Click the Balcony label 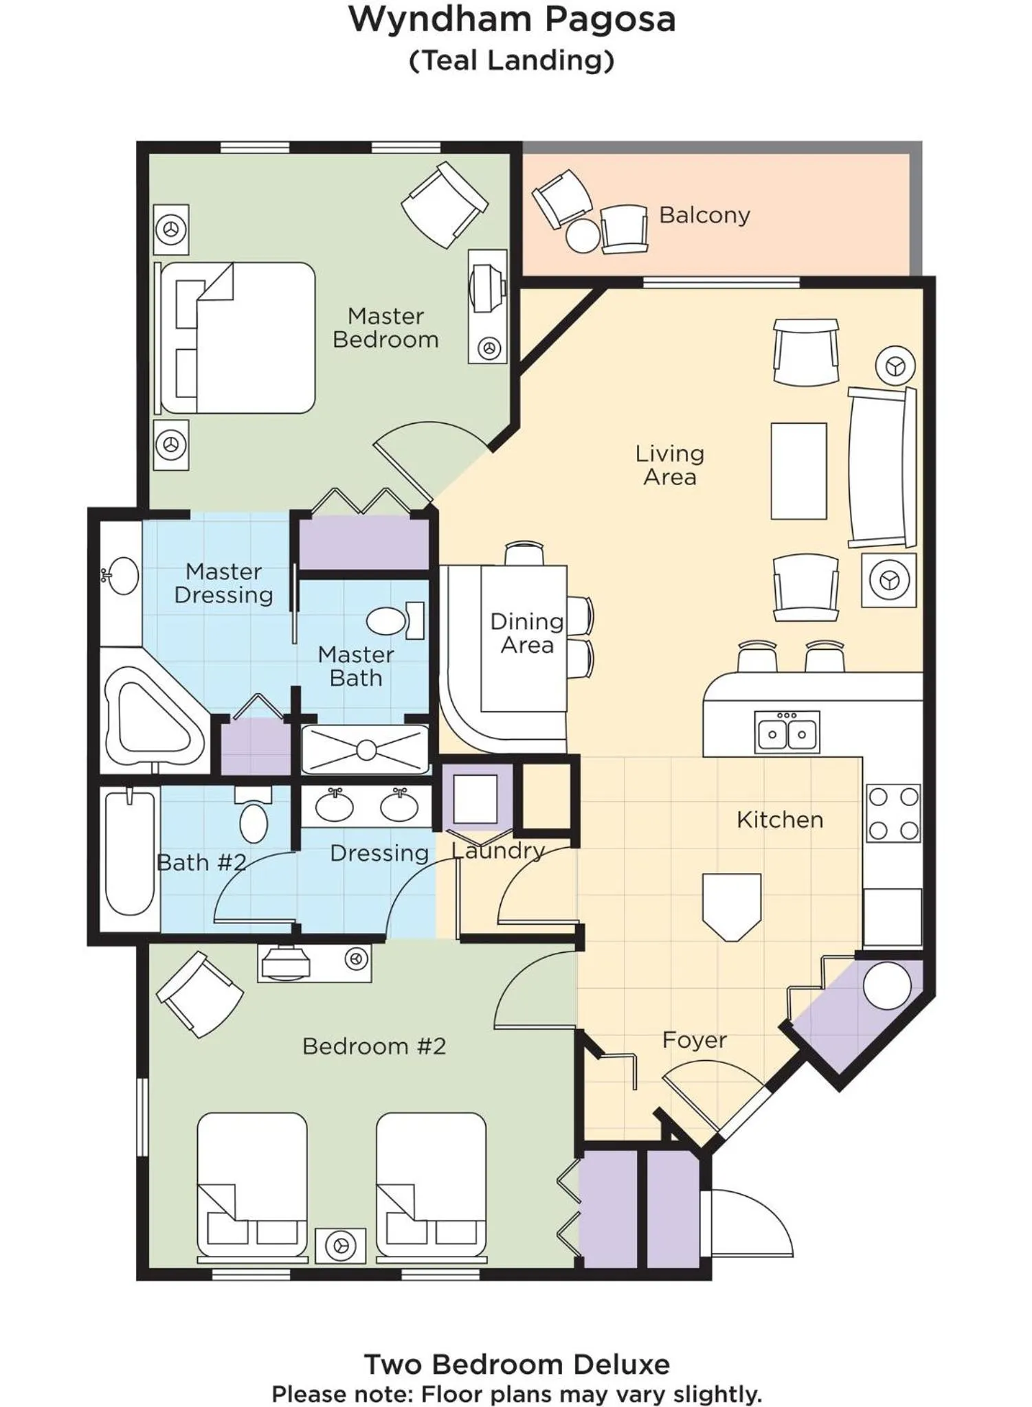[704, 215]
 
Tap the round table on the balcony [583, 236]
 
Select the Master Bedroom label [385, 328]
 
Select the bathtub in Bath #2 [130, 853]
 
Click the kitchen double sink [787, 732]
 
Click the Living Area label [669, 465]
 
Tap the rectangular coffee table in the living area [798, 471]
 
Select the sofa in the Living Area [883, 467]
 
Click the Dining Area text [526, 633]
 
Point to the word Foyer [694, 1039]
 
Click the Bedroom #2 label [374, 1046]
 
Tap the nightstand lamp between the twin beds [341, 1245]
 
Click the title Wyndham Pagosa [512, 19]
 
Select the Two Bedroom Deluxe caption [516, 1364]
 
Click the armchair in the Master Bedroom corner [444, 204]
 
